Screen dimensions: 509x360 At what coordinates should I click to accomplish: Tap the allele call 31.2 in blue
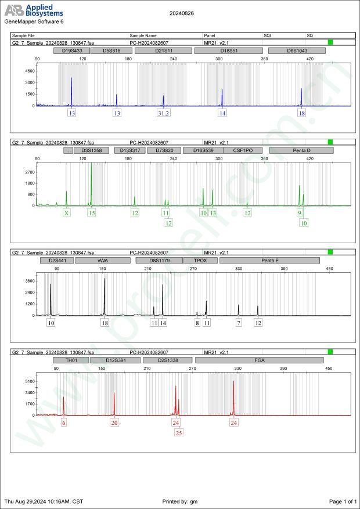[x=164, y=113]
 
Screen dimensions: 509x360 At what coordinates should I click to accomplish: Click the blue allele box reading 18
[x=301, y=113]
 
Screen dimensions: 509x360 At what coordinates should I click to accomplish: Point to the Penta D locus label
[x=301, y=150]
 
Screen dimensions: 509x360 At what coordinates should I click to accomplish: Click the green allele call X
[x=67, y=213]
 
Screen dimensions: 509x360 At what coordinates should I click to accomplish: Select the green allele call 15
[x=91, y=213]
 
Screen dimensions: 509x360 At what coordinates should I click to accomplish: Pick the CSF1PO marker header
[x=243, y=150]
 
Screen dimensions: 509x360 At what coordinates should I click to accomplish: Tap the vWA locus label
[x=103, y=261]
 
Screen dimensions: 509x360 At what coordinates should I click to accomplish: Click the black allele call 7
[x=239, y=323]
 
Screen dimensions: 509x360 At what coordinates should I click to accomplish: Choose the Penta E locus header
[x=270, y=261]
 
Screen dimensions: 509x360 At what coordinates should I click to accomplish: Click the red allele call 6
[x=64, y=423]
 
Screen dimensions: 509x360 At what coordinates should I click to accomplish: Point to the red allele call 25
[x=178, y=432]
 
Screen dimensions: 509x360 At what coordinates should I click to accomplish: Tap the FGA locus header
[x=259, y=360]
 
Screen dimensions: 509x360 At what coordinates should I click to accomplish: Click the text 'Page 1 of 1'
[x=343, y=501]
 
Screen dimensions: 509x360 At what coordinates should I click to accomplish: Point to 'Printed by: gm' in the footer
[x=181, y=501]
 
